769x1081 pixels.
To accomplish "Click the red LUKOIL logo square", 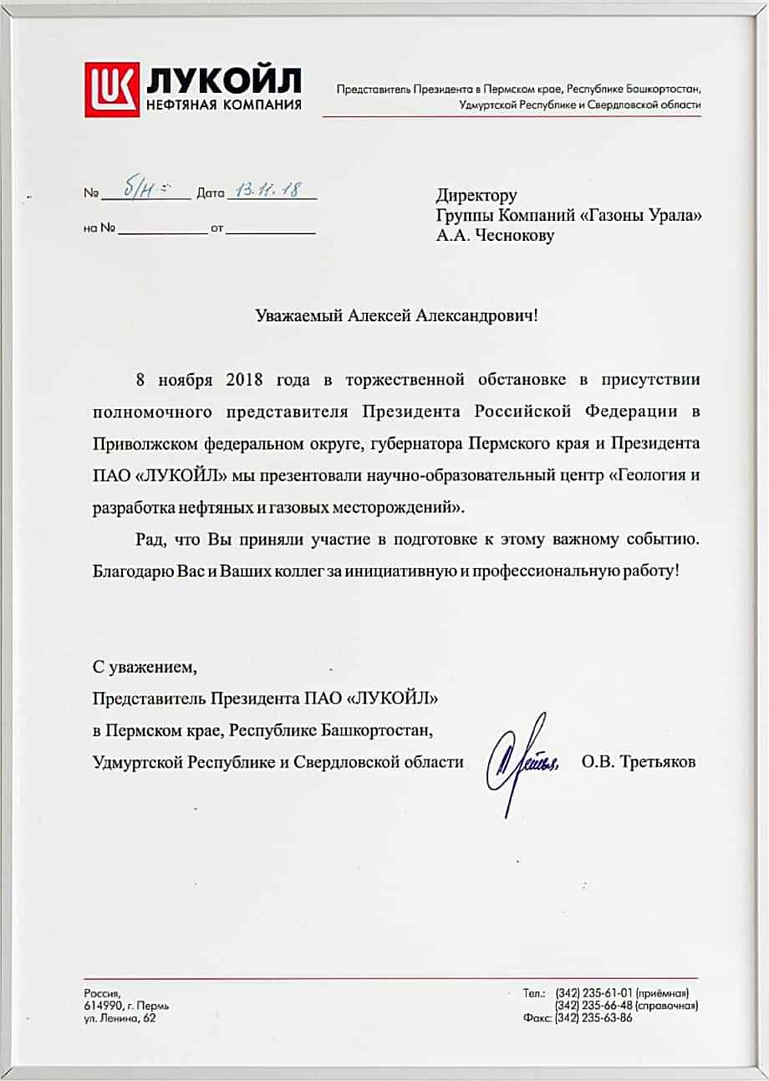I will pyautogui.click(x=112, y=90).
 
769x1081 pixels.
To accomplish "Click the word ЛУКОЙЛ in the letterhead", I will pyautogui.click(x=224, y=81).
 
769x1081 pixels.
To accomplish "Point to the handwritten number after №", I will pyautogui.click(x=138, y=191).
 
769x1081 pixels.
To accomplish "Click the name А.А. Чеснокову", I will pyautogui.click(x=495, y=236).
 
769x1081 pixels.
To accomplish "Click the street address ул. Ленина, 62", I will pyautogui.click(x=120, y=1018).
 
